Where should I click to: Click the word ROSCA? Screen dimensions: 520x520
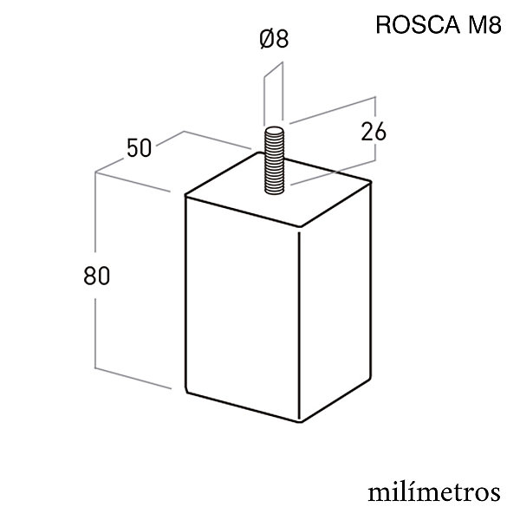418,25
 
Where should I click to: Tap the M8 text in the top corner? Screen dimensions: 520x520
484,25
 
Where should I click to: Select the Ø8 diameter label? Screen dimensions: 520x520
274,38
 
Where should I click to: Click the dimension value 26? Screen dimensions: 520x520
374,132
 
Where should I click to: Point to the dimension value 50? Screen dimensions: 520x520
140,148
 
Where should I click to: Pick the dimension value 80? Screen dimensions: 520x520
96,276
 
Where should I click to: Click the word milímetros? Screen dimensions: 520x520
434,493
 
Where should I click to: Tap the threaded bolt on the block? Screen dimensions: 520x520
274,160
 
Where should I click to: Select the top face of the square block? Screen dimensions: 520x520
278,190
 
